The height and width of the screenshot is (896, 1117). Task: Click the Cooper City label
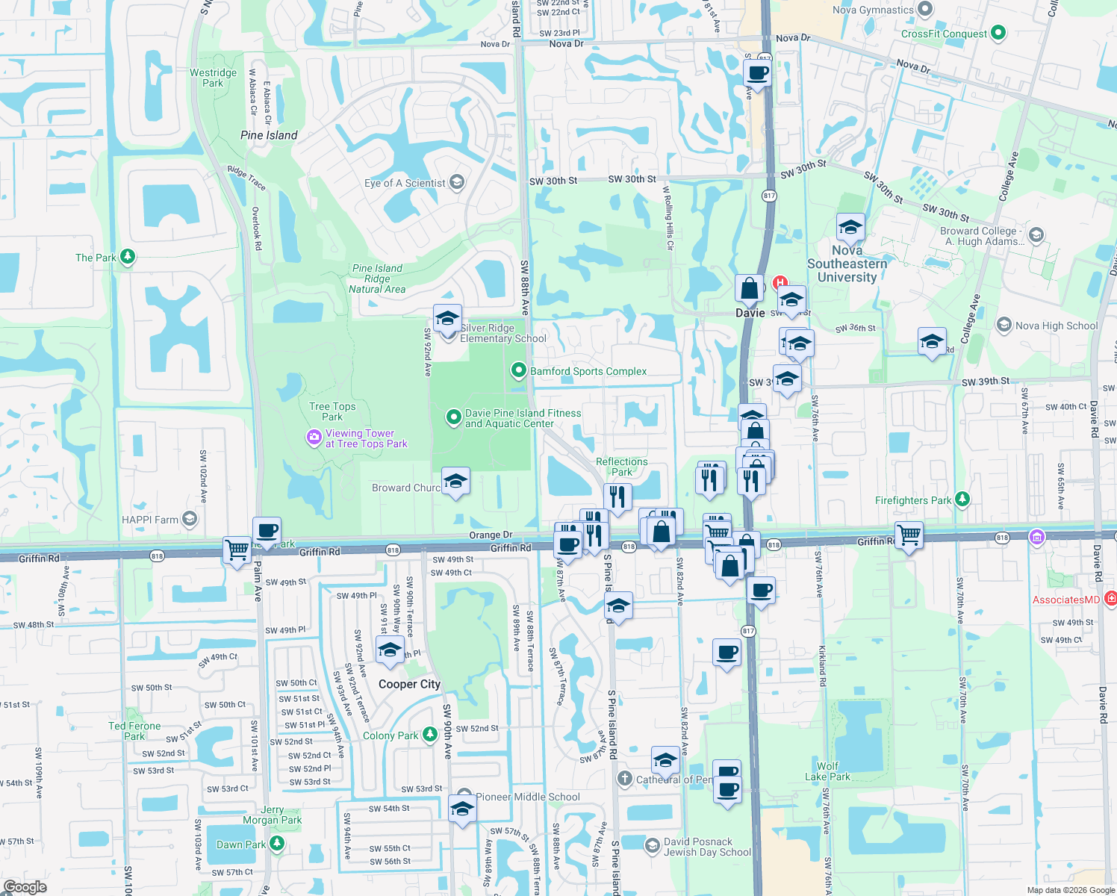click(409, 684)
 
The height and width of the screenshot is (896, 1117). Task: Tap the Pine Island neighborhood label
click(269, 135)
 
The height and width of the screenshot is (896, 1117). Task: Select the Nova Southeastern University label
click(847, 264)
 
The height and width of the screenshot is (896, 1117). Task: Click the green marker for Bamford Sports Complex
click(518, 370)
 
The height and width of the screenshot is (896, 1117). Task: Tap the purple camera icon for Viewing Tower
click(314, 438)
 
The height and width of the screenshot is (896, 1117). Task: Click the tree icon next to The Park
click(128, 258)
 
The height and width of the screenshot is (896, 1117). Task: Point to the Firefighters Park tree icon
click(962, 500)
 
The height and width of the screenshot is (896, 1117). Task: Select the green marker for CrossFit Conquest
click(998, 34)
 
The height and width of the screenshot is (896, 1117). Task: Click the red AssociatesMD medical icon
click(1110, 599)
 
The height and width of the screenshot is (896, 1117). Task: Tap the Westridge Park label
click(213, 78)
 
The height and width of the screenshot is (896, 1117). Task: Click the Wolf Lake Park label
click(827, 771)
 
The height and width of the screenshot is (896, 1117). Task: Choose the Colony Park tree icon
click(429, 735)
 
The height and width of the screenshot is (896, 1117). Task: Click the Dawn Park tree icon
click(277, 844)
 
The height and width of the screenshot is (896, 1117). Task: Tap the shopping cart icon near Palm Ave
click(237, 550)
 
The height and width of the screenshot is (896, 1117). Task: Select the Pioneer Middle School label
click(528, 797)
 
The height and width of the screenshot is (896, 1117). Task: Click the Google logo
click(25, 886)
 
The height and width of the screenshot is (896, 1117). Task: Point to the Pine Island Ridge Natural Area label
click(377, 279)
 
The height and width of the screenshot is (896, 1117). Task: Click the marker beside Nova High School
click(1003, 326)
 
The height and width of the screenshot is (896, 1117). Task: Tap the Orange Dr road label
click(491, 535)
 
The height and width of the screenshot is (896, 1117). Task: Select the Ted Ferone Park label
click(134, 730)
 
